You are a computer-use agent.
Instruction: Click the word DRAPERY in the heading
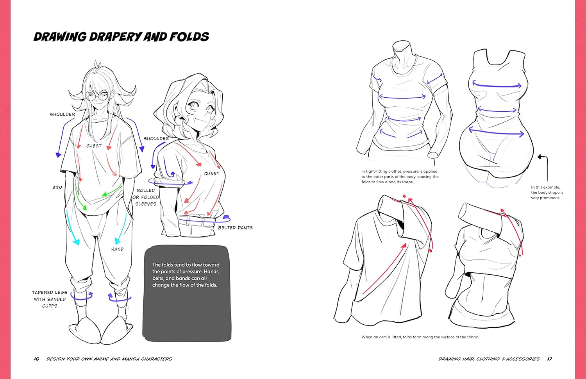115,37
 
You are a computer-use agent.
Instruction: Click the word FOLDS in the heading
189,37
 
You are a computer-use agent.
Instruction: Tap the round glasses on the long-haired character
97,96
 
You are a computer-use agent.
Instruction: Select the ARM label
57,188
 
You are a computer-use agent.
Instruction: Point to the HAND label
117,249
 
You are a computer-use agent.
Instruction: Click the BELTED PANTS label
236,228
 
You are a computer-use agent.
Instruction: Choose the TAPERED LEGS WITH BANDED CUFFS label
50,299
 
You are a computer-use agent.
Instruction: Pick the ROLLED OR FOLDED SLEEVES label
146,197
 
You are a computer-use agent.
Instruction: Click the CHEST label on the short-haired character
212,173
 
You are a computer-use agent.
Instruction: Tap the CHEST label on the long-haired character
94,146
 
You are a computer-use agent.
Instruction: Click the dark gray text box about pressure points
186,293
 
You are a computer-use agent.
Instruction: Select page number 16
36,359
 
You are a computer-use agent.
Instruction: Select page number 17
549,359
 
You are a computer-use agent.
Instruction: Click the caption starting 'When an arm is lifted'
420,337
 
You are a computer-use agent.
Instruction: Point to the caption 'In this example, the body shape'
547,193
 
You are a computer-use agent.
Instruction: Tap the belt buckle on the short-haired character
208,221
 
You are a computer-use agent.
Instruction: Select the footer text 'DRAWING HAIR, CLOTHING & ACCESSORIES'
489,359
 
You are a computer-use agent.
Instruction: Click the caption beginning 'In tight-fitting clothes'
400,177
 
